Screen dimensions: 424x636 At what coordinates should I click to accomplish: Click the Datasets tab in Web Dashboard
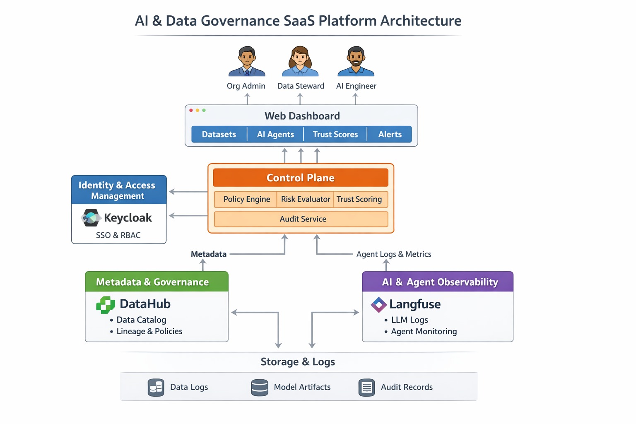tap(219, 134)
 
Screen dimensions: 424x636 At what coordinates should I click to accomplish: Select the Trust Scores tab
tap(335, 134)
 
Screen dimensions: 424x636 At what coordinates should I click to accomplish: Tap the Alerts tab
tap(390, 134)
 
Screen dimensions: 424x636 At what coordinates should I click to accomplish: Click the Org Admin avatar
tap(247, 62)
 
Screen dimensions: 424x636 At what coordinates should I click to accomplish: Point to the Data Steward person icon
tap(300, 62)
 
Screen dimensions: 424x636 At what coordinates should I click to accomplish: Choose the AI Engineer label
tap(356, 86)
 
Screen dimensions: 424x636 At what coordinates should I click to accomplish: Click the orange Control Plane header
tap(301, 178)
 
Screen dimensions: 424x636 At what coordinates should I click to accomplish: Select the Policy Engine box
tap(246, 199)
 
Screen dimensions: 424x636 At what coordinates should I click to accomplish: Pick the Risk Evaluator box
tap(306, 199)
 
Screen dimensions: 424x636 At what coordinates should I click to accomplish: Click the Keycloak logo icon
tap(91, 218)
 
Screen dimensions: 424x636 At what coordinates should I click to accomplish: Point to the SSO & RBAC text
tap(118, 235)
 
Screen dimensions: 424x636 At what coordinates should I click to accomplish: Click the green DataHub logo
tap(106, 305)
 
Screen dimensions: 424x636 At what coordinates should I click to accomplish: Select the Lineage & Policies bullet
tap(149, 331)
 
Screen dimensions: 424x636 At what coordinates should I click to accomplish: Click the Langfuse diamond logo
tap(378, 305)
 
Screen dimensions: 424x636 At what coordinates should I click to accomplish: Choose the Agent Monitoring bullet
tap(424, 331)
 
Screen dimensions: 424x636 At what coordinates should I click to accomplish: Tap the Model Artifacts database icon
tap(260, 388)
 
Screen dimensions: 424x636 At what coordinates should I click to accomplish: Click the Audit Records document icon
tap(366, 388)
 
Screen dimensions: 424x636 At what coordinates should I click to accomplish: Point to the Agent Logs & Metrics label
tap(393, 254)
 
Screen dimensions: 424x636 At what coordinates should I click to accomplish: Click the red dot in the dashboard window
tap(191, 110)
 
